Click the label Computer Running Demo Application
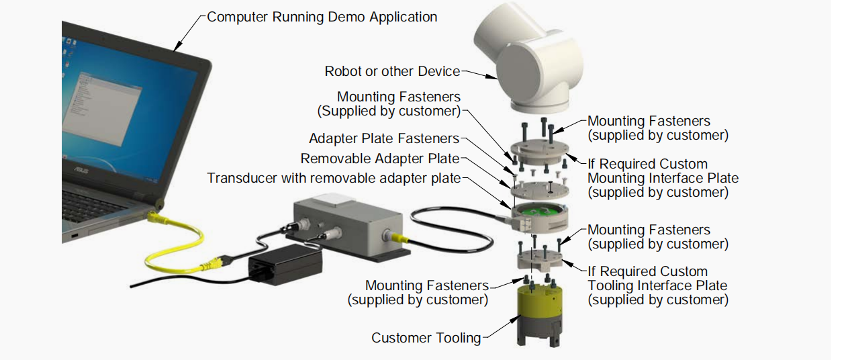pos(322,17)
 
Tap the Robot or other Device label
pos(392,71)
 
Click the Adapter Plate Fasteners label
pos(383,138)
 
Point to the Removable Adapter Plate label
pos(379,159)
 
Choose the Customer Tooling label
pos(426,337)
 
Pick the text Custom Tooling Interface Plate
pos(657,285)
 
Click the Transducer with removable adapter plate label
pos(334,178)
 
